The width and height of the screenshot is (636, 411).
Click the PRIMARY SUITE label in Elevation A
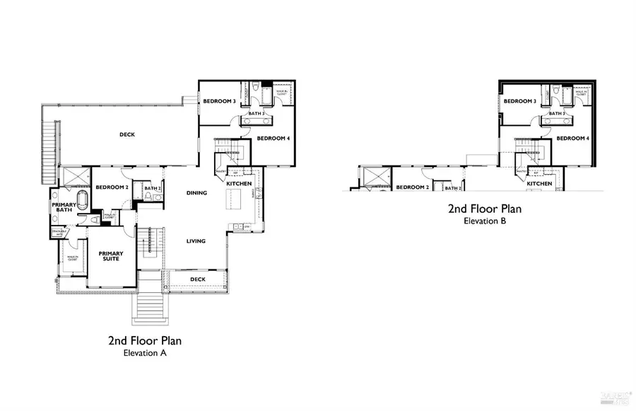[110, 256]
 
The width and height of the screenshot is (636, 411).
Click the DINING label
[196, 192]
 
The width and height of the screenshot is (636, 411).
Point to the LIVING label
[196, 241]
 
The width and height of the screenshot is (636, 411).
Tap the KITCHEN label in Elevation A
[240, 184]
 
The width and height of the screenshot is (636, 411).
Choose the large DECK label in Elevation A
[127, 134]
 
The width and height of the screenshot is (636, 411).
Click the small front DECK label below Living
[199, 279]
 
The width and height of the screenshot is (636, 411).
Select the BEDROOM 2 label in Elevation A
[111, 187]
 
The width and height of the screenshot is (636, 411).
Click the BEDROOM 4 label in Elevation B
[572, 139]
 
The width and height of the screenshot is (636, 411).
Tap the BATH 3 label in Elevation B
[557, 113]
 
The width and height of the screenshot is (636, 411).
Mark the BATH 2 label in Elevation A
[154, 188]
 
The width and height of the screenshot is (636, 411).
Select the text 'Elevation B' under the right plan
[485, 221]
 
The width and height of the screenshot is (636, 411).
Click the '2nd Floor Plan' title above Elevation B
[485, 209]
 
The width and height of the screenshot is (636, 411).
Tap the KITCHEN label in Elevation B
[539, 183]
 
